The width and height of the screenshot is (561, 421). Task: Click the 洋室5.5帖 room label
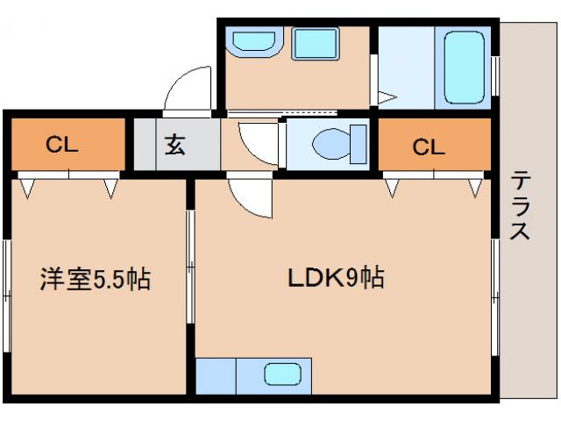pyautogui.click(x=95, y=280)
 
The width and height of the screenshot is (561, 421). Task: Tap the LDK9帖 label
pyautogui.click(x=335, y=279)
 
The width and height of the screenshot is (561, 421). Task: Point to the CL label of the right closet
pyautogui.click(x=429, y=146)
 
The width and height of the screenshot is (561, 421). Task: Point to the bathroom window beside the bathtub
pyautogui.click(x=496, y=75)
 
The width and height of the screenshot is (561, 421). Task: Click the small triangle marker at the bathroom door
pyautogui.click(x=387, y=97)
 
